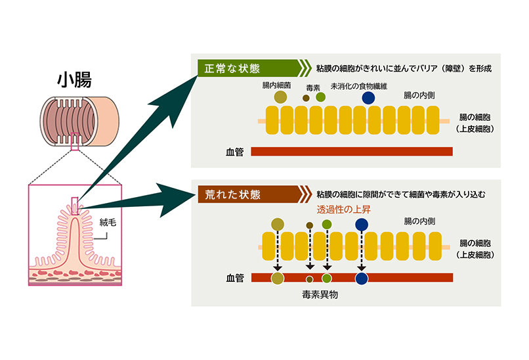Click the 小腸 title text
77,81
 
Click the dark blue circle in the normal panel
369,97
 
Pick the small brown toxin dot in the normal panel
306,98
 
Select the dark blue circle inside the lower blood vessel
360,278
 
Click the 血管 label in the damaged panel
234,279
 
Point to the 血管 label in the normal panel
234,152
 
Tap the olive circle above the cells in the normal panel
280,97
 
